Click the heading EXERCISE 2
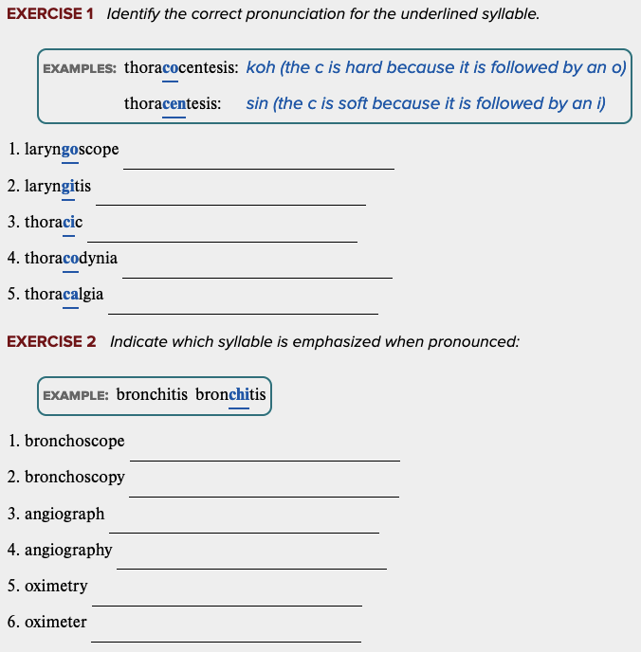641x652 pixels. (x=51, y=341)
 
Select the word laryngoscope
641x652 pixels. (x=72, y=150)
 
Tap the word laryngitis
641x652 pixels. (x=58, y=186)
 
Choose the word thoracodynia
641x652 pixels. (x=71, y=258)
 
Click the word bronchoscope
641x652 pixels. (x=75, y=441)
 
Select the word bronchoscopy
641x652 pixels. (x=75, y=477)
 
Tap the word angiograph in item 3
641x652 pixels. (x=64, y=514)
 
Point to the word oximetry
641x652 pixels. (x=56, y=586)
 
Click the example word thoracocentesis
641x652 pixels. (x=181, y=68)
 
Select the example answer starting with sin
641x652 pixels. (x=425, y=103)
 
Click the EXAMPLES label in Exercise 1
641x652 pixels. (x=80, y=68)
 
